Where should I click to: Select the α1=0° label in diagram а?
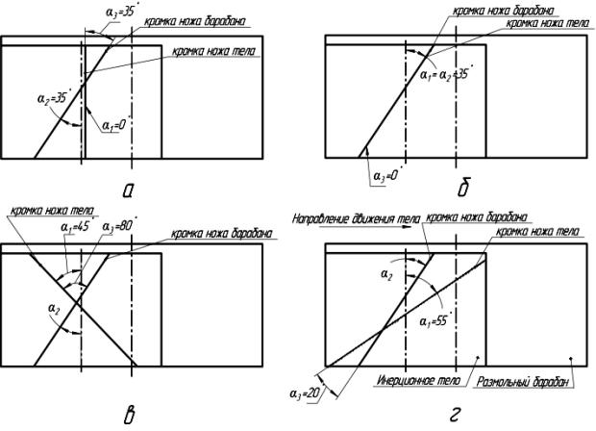click(113, 123)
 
